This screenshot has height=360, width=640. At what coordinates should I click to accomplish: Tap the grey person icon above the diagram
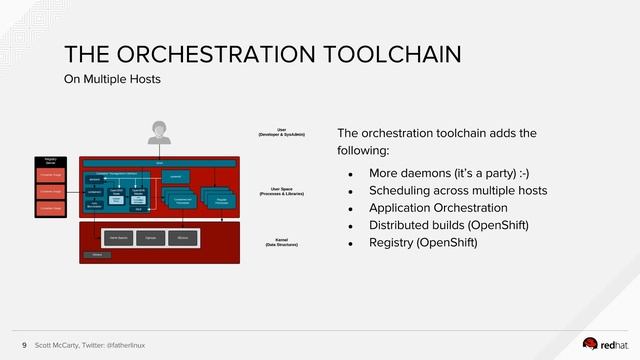pos(158,133)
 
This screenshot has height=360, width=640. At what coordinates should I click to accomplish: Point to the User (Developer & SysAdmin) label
pos(282,131)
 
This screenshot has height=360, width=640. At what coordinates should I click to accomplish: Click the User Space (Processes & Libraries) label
pos(282,190)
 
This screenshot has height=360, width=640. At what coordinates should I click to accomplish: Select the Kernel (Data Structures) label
pos(282,242)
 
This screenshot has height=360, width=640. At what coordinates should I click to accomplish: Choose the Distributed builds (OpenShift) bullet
pos(448,224)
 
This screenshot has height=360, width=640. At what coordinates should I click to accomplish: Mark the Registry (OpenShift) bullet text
pos(424,242)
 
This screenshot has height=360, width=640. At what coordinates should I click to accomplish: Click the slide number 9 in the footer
pos(24,345)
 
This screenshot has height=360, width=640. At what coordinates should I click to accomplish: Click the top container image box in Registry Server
pos(50,175)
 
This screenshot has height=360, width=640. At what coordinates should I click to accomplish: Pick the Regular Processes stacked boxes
pos(221,199)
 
